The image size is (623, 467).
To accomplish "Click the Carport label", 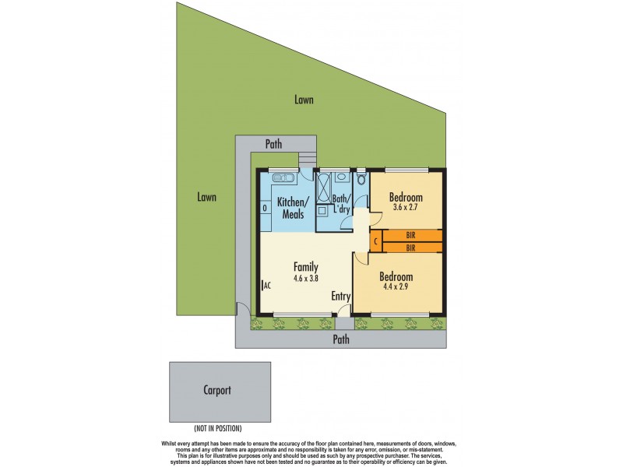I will pos(219,391).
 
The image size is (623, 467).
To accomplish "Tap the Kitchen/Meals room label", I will pos(294,209).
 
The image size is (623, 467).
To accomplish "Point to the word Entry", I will pos(341,297).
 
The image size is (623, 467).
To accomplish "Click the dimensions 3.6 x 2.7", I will pos(407,208).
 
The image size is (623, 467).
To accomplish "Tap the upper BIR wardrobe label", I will pos(410,235).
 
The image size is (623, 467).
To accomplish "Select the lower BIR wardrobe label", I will pos(410,248).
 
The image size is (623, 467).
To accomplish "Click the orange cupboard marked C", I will pos(375,241).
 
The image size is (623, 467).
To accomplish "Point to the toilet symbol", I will pos(361,180).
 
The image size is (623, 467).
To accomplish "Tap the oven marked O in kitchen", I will pos(265,208).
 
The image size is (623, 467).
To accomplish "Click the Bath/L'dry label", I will pos(341,204).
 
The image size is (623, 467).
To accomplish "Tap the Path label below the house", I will pos(341,339).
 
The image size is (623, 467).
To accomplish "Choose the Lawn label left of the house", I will pos(206,198).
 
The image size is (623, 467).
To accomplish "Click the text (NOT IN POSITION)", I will pos(218,429).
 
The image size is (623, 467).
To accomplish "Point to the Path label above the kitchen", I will pos(273,144).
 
